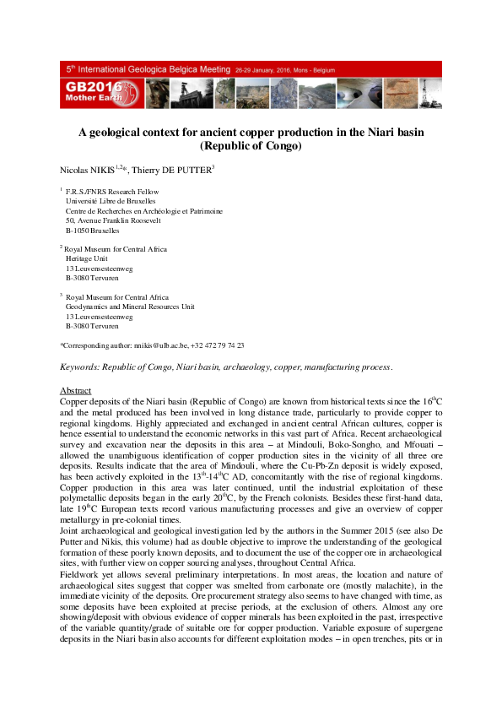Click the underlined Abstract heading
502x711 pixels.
pos(75,391)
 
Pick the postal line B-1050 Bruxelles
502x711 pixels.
pos(92,230)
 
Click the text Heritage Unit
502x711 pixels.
pos(89,258)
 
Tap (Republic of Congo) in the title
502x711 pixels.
pos(251,145)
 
